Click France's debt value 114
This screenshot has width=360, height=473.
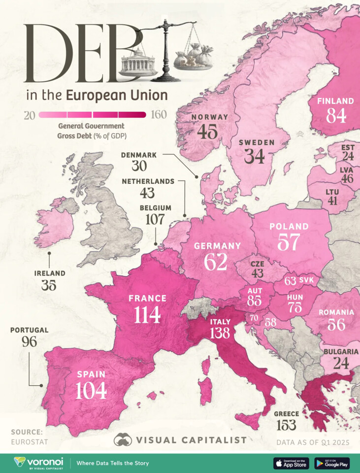pyautogui.click(x=147, y=314)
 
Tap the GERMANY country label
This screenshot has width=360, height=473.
pyautogui.click(x=217, y=245)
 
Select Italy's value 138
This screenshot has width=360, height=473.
pyautogui.click(x=220, y=333)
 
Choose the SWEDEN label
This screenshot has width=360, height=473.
pyautogui.click(x=257, y=142)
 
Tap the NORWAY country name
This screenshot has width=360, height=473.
pyautogui.click(x=209, y=117)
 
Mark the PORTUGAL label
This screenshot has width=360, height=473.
pyautogui.click(x=30, y=330)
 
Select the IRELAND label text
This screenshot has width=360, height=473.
pyautogui.click(x=49, y=273)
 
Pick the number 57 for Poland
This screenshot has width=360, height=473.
pyautogui.click(x=289, y=241)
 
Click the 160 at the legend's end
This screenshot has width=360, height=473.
pyautogui.click(x=159, y=115)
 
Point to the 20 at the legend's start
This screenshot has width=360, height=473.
pyautogui.click(x=29, y=115)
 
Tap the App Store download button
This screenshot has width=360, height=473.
pyautogui.click(x=291, y=463)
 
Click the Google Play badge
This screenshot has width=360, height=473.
pyautogui.click(x=332, y=463)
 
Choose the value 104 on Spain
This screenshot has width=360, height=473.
pyautogui.click(x=91, y=390)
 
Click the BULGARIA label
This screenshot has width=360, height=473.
pyautogui.click(x=341, y=352)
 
